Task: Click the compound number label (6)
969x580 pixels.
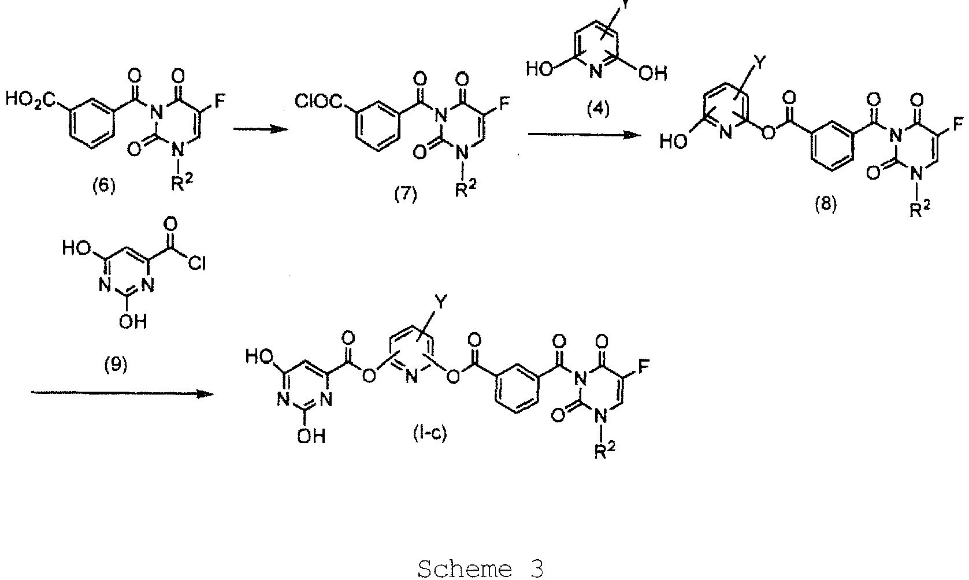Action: click(x=104, y=187)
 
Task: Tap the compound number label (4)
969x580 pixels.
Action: click(x=598, y=109)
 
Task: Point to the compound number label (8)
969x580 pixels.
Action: click(x=825, y=204)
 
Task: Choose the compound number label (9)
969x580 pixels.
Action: click(x=116, y=365)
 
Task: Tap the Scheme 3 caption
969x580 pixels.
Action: click(x=481, y=567)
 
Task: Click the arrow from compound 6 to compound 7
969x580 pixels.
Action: click(x=261, y=128)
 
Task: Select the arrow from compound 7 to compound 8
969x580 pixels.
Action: click(x=584, y=135)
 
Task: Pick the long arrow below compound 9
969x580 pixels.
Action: click(x=122, y=393)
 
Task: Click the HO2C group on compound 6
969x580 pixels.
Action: click(x=31, y=101)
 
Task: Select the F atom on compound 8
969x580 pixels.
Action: click(x=958, y=124)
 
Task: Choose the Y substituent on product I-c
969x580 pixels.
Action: click(x=440, y=302)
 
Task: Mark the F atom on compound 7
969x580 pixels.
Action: click(x=504, y=102)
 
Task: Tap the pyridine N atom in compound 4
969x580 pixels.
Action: click(x=596, y=72)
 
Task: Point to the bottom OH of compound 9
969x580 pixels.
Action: click(x=133, y=321)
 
